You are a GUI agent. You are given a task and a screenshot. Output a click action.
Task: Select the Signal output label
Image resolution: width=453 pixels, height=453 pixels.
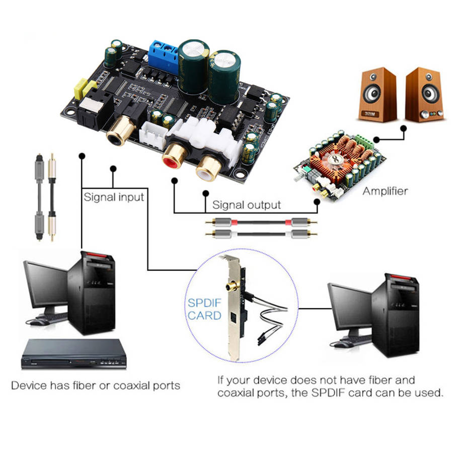[246, 205]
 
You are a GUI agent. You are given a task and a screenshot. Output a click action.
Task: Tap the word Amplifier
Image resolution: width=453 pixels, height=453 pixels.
[385, 191]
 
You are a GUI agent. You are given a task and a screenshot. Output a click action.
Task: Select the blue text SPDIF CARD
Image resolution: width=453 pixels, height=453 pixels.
[204, 310]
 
